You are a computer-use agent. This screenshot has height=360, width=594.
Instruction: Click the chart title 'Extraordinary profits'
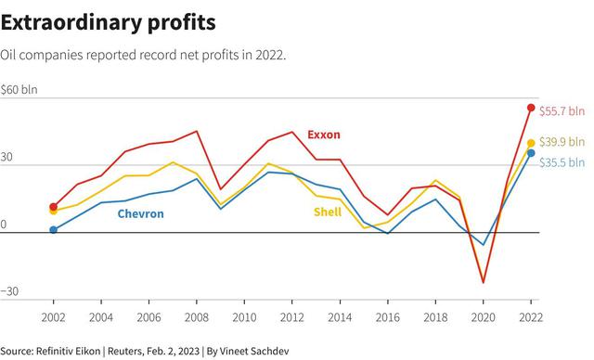click(x=109, y=23)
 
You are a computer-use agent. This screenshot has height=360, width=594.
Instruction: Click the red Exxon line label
click(x=324, y=135)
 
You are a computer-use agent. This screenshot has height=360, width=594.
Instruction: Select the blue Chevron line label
click(x=140, y=214)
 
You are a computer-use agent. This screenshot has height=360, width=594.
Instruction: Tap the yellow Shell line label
click(x=328, y=212)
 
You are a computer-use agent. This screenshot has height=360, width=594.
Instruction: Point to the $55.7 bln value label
click(x=562, y=111)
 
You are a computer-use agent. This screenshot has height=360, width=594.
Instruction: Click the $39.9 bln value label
click(x=562, y=142)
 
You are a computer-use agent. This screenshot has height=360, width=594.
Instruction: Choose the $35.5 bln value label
click(x=562, y=162)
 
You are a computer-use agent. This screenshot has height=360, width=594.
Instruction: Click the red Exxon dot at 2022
click(x=531, y=108)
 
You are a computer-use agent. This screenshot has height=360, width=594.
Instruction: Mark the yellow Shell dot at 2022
click(x=531, y=143)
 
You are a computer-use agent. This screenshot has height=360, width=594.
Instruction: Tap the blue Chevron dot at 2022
click(x=531, y=153)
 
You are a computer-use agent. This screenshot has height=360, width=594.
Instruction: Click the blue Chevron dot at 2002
click(x=54, y=230)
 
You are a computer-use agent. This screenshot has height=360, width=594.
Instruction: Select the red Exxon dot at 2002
click(x=54, y=207)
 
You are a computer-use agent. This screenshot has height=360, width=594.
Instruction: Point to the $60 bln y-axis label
click(x=19, y=90)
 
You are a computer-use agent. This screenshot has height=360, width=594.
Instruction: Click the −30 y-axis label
click(x=9, y=291)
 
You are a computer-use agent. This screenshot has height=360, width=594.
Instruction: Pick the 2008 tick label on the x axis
click(x=197, y=317)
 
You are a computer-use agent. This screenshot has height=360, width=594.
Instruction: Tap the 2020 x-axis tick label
click(x=483, y=317)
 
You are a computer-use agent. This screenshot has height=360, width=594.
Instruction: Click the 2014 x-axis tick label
click(x=340, y=317)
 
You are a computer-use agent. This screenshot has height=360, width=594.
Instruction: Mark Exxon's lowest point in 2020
click(x=483, y=282)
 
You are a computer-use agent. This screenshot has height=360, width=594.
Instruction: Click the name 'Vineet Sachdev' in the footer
click(x=254, y=351)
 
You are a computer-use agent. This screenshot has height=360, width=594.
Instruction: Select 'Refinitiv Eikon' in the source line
click(x=68, y=351)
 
